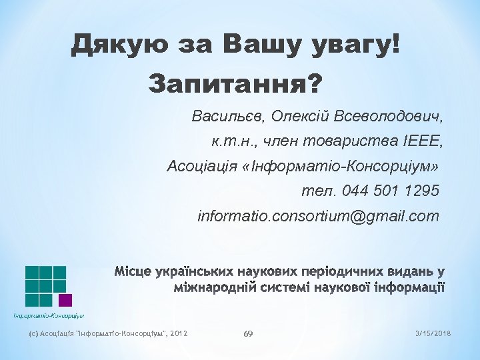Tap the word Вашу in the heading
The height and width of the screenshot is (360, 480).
point(263,45)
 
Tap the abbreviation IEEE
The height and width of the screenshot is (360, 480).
point(423,141)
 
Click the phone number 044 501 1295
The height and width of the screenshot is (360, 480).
point(390,191)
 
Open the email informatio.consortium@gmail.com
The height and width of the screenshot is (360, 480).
point(319,217)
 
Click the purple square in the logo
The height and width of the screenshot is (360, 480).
point(65,300)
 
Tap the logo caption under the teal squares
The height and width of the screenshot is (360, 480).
point(49,315)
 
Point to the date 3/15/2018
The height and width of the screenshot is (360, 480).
point(433,333)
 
